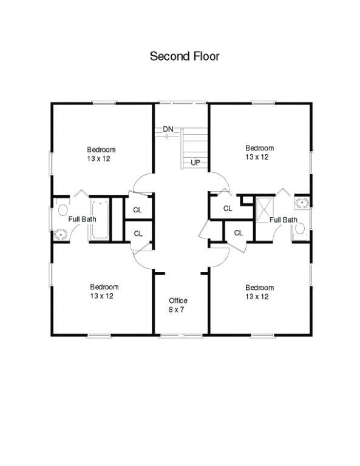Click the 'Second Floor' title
click(x=185, y=56)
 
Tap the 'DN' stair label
click(x=168, y=129)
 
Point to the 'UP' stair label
click(x=195, y=163)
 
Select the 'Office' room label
click(x=178, y=301)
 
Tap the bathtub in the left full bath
click(x=100, y=218)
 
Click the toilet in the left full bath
click(x=62, y=211)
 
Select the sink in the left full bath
click(x=61, y=234)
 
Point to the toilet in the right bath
click(x=300, y=228)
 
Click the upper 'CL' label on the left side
click(x=138, y=210)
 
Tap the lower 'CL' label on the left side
click(x=138, y=233)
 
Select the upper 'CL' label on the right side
click(x=228, y=209)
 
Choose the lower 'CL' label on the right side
click(x=239, y=232)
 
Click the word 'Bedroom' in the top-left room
click(x=101, y=150)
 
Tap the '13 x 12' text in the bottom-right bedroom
click(x=257, y=297)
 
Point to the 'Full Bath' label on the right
click(x=283, y=220)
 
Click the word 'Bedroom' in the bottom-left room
click(x=104, y=287)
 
